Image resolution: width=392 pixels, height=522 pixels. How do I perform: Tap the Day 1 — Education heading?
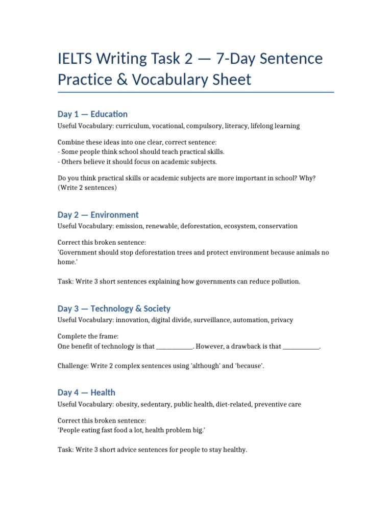pyautogui.click(x=92, y=114)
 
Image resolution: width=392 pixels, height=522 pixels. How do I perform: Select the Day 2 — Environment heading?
pyautogui.click(x=98, y=215)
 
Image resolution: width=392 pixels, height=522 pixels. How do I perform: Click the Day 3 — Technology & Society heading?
pyautogui.click(x=114, y=308)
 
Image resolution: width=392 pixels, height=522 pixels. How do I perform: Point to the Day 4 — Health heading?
pyautogui.click(x=86, y=392)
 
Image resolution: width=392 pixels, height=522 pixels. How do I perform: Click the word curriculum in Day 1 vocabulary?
pyautogui.click(x=132, y=126)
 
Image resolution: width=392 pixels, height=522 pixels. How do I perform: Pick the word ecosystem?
pyautogui.click(x=240, y=226)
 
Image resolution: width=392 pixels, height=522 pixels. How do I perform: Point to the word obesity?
pyautogui.click(x=128, y=404)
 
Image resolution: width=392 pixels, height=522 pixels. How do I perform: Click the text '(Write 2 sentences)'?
pyautogui.click(x=87, y=188)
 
